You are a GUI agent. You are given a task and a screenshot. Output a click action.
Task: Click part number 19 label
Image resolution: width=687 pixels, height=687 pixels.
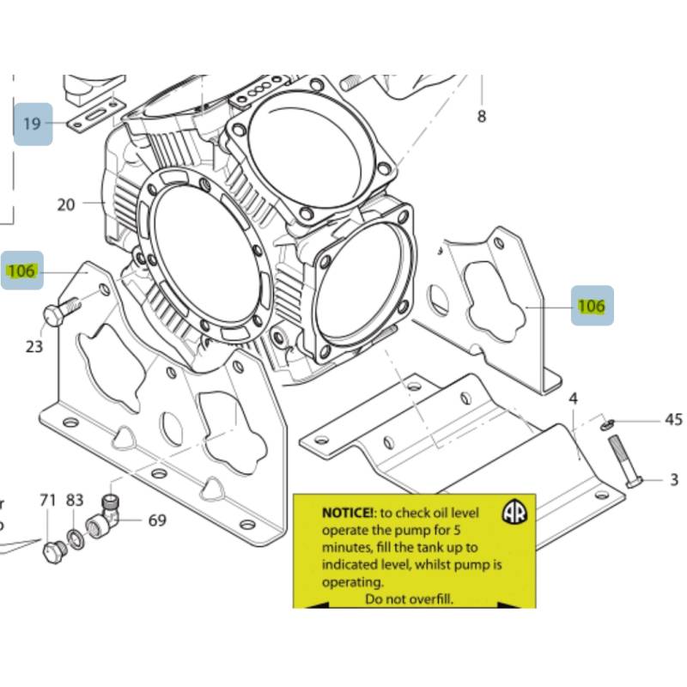point(32,124)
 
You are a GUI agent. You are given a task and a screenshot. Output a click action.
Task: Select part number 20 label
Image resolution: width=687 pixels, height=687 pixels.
point(67,204)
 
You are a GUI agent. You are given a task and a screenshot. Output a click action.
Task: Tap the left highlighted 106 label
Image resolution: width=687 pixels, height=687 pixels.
point(21,271)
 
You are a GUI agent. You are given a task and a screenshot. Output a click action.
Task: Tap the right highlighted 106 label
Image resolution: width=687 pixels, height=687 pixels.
point(591,306)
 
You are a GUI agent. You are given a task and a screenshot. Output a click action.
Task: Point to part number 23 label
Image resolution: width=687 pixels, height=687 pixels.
point(33,347)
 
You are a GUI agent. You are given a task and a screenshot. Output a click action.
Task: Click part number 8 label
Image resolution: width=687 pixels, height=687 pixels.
point(481,116)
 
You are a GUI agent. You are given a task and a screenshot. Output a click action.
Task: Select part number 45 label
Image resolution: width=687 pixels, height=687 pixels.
point(674,420)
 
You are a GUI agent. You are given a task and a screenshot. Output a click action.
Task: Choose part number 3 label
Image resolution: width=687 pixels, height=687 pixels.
point(674,480)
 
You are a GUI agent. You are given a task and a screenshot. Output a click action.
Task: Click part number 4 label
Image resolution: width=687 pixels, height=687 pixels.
point(573,398)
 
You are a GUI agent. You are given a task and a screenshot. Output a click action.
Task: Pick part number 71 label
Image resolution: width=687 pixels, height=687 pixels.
point(48,500)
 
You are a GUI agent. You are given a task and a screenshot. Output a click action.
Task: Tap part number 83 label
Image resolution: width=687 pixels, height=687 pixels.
point(75,500)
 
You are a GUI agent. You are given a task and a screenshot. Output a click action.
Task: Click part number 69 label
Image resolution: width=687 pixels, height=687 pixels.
point(157,520)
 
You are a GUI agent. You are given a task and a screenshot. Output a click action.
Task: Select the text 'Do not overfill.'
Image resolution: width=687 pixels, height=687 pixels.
point(409,599)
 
